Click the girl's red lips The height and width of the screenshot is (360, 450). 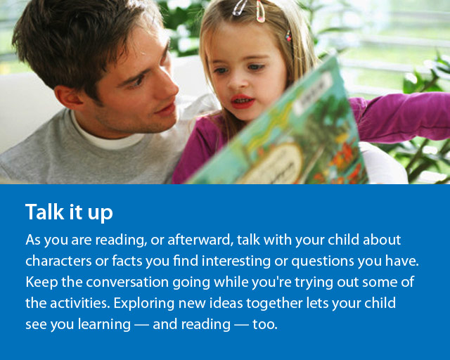tap(242, 101)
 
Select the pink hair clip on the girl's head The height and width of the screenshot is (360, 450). tap(260, 11)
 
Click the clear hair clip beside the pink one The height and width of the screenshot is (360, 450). tap(240, 8)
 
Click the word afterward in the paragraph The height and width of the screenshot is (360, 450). tap(200, 240)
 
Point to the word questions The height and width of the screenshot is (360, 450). tap(323, 262)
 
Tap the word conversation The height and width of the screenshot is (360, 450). tap(127, 282)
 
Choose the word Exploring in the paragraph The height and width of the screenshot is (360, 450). tap(144, 304)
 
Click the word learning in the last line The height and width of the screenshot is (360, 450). tap(105, 325)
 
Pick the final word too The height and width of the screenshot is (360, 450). tap(265, 325)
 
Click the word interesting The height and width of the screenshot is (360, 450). tap(236, 262)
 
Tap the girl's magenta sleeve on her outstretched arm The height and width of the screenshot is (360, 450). tap(401, 117)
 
